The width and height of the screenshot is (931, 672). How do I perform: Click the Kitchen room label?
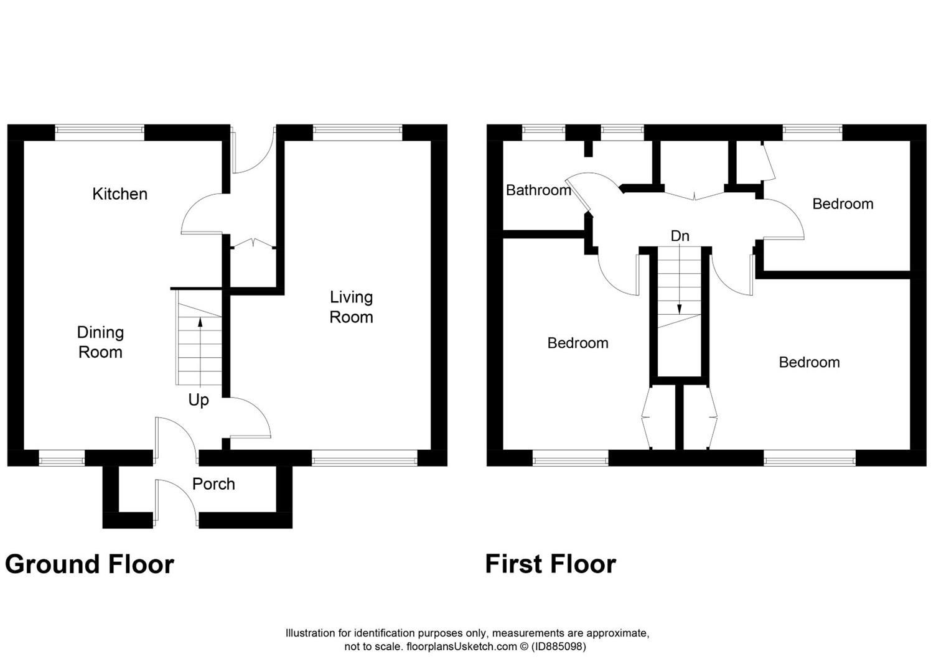[x=119, y=194]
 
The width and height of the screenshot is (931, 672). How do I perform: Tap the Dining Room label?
[x=100, y=342]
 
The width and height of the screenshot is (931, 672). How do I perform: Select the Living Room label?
[x=351, y=307]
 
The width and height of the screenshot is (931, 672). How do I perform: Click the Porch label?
[x=213, y=484]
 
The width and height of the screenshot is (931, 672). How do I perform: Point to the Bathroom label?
[x=538, y=190]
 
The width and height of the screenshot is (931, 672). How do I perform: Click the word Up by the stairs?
[x=199, y=400]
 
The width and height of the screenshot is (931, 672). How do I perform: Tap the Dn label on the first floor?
[x=680, y=236]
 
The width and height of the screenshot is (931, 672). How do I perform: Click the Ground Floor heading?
[x=90, y=564]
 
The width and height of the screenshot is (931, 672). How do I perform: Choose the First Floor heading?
[x=550, y=564]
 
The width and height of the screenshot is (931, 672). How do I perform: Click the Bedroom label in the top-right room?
[x=843, y=204]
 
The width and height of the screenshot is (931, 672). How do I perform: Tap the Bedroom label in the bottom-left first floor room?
[x=578, y=343]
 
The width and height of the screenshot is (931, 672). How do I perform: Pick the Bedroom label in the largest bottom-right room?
[x=809, y=363]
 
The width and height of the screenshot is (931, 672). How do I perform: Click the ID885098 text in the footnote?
[x=558, y=646]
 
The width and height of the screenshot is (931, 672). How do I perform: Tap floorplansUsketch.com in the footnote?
[x=461, y=646]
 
